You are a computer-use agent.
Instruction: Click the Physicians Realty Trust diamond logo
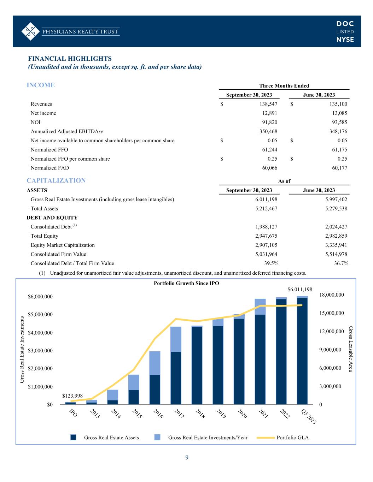tap(30, 31)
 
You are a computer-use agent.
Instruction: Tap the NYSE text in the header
tap(345, 40)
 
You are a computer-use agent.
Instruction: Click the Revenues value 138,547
tap(269, 104)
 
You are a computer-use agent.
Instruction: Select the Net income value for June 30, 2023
tap(339, 113)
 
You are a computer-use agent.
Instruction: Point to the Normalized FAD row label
tap(50, 168)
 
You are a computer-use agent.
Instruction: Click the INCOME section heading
tap(41, 85)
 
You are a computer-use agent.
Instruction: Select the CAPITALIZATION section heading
tap(56, 180)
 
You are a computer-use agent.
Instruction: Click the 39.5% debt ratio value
tap(271, 263)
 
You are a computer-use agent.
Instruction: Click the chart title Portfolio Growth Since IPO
tap(186, 284)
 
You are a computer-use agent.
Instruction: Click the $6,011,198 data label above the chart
tap(300, 290)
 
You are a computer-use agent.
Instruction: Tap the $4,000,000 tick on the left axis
tap(40, 333)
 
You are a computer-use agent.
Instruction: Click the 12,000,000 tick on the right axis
tap(332, 332)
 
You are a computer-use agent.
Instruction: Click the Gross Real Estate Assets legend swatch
tap(73, 438)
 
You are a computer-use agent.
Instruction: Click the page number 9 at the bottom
tap(187, 458)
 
